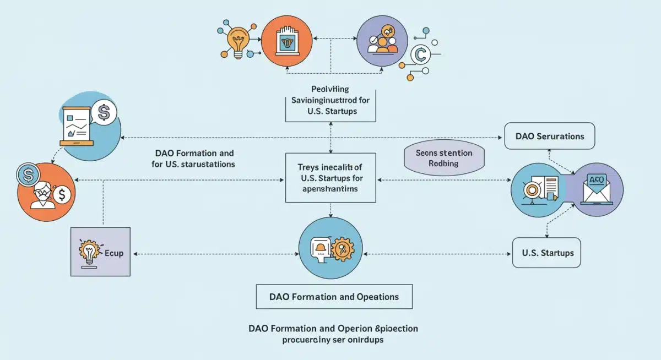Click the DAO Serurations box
pyautogui.click(x=550, y=136)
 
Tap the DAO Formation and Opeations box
pyautogui.click(x=334, y=297)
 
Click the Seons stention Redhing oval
pyautogui.click(x=446, y=157)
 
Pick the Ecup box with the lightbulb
pyautogui.click(x=101, y=252)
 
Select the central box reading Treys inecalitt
pyautogui.click(x=330, y=177)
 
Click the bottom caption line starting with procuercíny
pyautogui.click(x=332, y=340)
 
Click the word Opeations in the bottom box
pyautogui.click(x=376, y=297)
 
